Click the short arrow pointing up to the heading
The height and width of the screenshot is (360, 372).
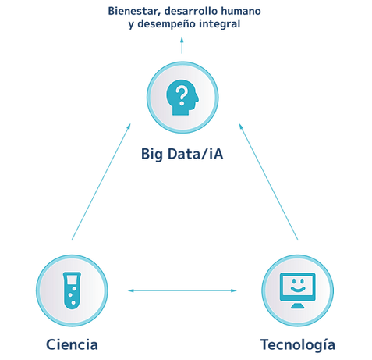point(182,45)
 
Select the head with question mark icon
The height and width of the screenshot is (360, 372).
point(182,98)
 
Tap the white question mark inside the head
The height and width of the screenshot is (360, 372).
point(182,96)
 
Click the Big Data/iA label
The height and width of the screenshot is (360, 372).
point(182,154)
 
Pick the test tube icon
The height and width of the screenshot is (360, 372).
point(72,290)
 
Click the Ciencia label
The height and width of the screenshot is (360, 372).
point(72,344)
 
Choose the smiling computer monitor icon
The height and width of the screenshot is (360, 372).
point(298,290)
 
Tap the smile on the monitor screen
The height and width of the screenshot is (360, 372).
point(298,289)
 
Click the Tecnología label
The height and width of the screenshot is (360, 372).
point(298,345)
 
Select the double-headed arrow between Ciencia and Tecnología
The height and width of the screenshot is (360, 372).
point(182,290)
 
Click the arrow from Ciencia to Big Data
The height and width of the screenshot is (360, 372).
point(101,181)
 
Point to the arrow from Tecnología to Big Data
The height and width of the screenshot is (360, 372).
point(268,181)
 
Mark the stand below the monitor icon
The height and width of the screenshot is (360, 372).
point(298,306)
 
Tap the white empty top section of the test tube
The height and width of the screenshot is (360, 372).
point(72,280)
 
